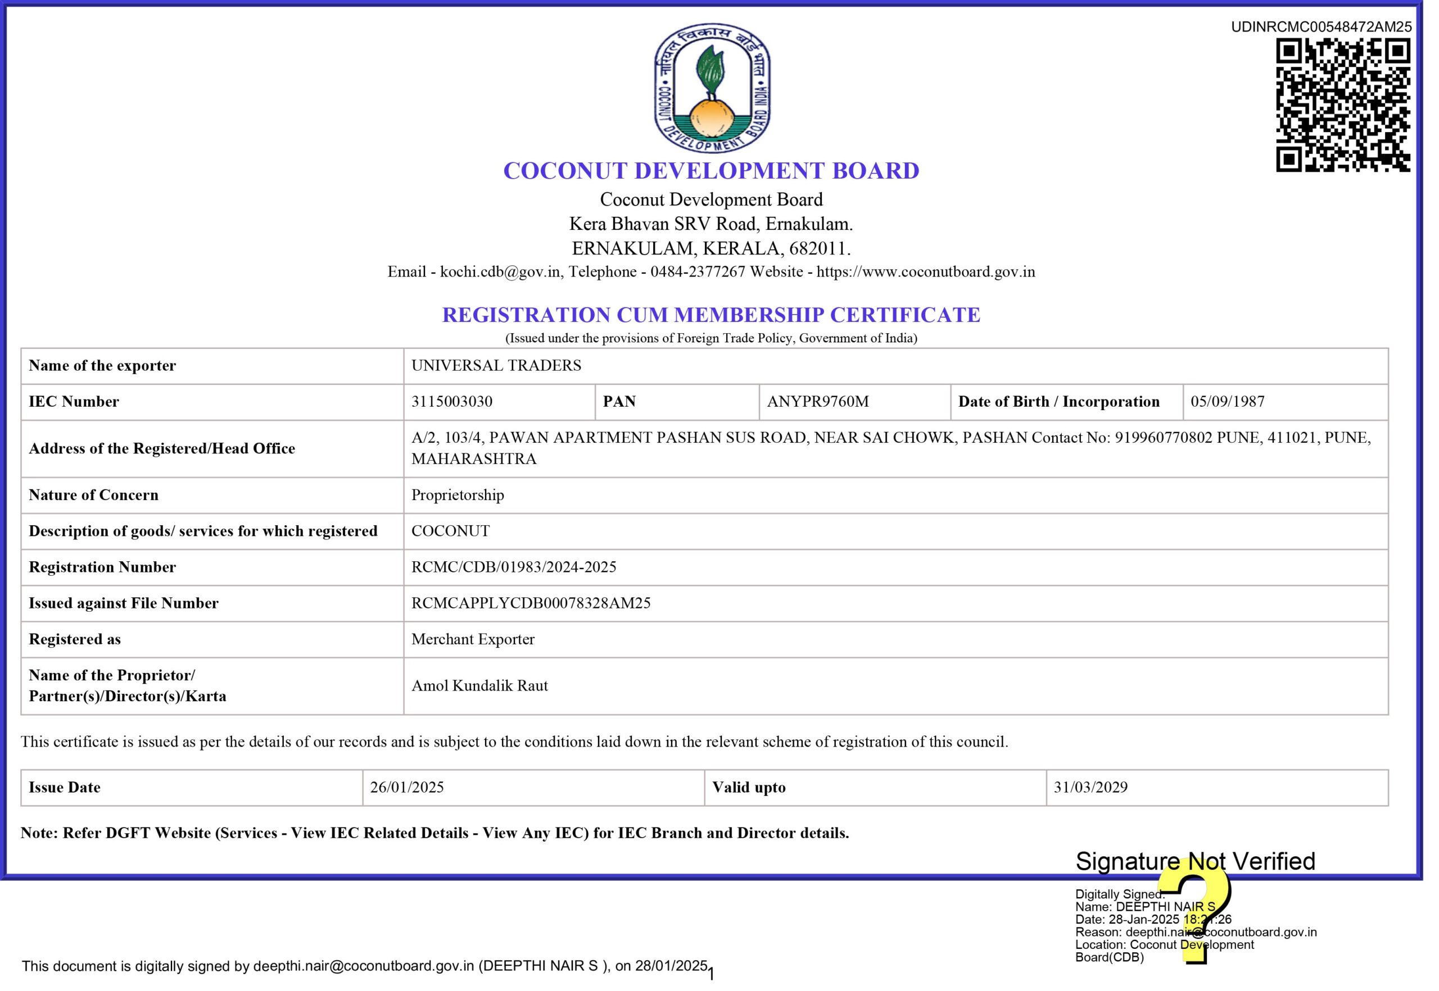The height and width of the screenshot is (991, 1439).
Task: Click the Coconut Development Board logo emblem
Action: coord(712,88)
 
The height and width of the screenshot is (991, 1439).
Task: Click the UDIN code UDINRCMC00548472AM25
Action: coord(1321,27)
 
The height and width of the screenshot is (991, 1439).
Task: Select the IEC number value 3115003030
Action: coord(452,402)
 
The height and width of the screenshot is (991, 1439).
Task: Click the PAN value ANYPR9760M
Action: coord(818,402)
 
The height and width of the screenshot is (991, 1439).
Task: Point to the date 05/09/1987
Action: coord(1227,402)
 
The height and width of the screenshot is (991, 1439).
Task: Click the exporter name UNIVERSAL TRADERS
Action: coord(496,366)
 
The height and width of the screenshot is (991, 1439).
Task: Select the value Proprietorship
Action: coord(458,496)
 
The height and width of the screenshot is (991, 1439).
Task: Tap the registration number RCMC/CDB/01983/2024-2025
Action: coord(513,567)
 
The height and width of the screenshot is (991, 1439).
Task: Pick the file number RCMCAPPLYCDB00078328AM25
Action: coord(531,603)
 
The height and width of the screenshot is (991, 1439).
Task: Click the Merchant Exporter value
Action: coord(473,639)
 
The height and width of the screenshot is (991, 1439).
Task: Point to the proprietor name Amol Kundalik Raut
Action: coord(479,686)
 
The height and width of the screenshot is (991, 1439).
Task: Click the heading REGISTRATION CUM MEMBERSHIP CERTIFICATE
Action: coord(711,315)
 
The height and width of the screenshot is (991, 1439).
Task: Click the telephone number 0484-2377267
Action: coord(697,272)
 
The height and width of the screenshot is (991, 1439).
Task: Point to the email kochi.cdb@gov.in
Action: coord(500,272)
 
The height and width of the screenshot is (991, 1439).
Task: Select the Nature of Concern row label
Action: coord(93,496)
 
